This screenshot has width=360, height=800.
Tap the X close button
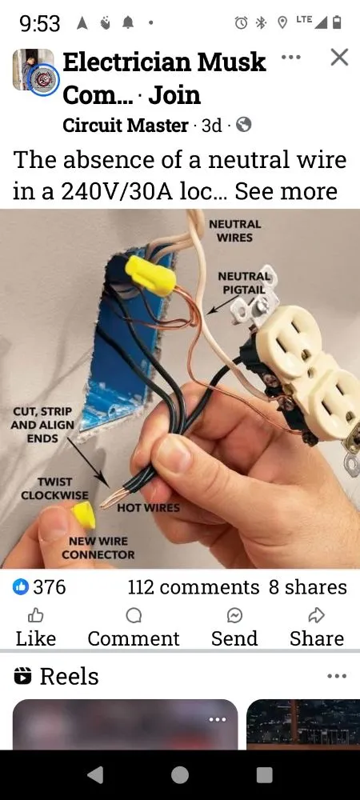pyautogui.click(x=339, y=57)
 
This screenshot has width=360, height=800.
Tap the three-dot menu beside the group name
pyautogui.click(x=291, y=58)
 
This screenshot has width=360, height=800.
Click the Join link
pyautogui.click(x=174, y=94)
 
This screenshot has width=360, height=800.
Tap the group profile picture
pyautogui.click(x=34, y=71)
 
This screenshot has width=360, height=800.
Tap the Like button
pyautogui.click(x=36, y=626)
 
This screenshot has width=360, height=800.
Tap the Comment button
pyautogui.click(x=134, y=626)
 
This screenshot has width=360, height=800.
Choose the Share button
pyautogui.click(x=316, y=626)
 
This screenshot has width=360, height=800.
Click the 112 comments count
pyautogui.click(x=193, y=587)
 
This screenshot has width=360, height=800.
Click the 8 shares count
pyautogui.click(x=308, y=587)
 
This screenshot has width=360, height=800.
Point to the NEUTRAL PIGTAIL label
pyautogui.click(x=245, y=282)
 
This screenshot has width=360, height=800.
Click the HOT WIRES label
pyautogui.click(x=149, y=507)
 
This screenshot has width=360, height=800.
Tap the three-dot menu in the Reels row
pyautogui.click(x=337, y=676)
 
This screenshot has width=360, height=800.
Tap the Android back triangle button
pyautogui.click(x=95, y=774)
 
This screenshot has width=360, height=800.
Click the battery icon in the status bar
pyautogui.click(x=337, y=23)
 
